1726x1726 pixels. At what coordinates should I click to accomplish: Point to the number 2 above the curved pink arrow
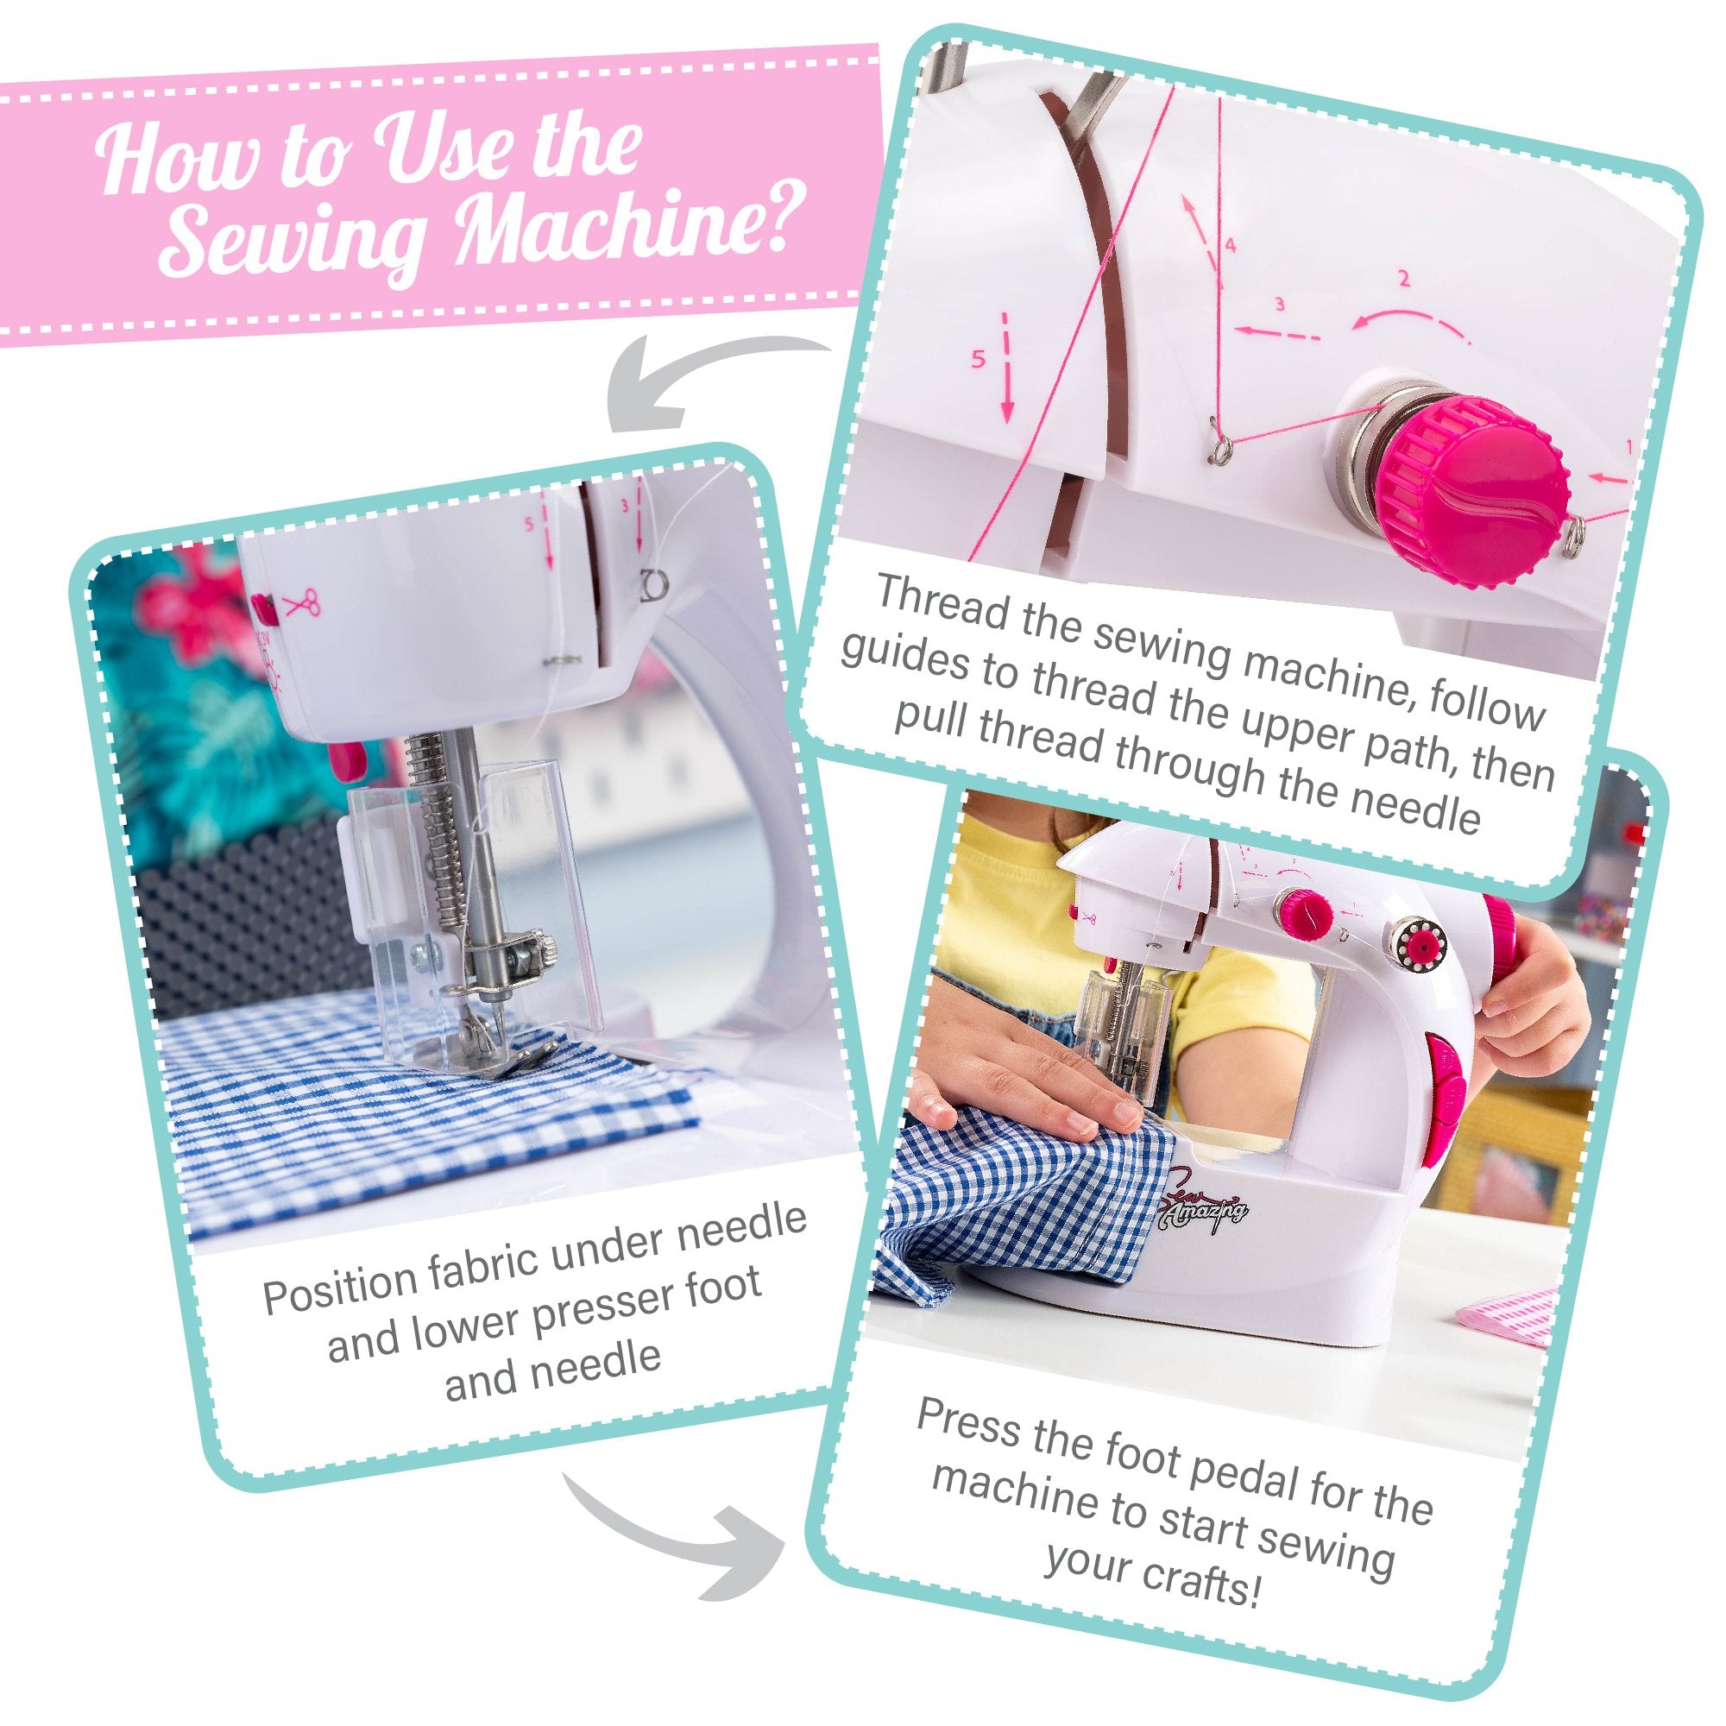[x=1403, y=280]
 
